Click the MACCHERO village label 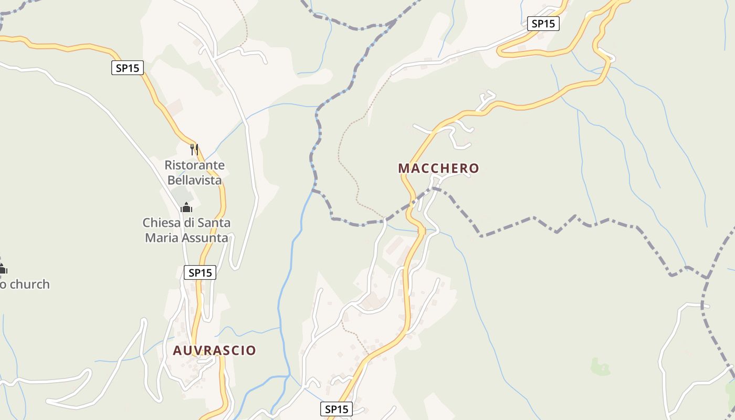pyautogui.click(x=438, y=169)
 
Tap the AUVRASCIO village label pyautogui.click(x=214, y=351)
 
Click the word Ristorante pyautogui.click(x=194, y=165)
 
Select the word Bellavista pyautogui.click(x=194, y=180)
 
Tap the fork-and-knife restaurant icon pyautogui.click(x=194, y=150)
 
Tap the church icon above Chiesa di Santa pyautogui.click(x=186, y=208)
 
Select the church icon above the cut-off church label pyautogui.click(x=2, y=269)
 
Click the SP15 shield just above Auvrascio pyautogui.click(x=200, y=272)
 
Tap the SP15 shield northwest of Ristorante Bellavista pyautogui.click(x=128, y=68)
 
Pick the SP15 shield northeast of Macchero pyautogui.click(x=543, y=24)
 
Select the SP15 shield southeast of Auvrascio pyautogui.click(x=336, y=409)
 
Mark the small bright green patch pyautogui.click(x=600, y=366)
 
